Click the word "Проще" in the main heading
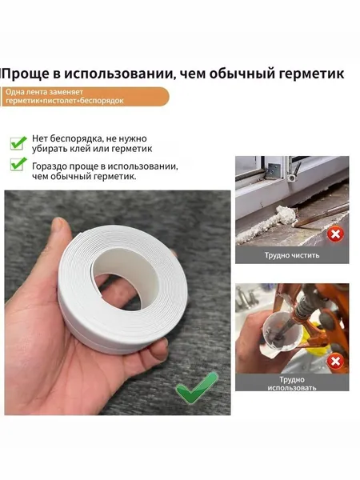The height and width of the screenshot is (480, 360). tap(26, 74)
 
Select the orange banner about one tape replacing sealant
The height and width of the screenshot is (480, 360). tap(85, 97)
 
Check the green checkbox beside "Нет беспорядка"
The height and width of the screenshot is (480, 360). tap(18, 143)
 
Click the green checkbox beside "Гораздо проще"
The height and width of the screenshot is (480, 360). tap(18, 164)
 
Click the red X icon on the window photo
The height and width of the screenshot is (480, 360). tap(335, 234)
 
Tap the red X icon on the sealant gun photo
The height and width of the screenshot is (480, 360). tap(335, 362)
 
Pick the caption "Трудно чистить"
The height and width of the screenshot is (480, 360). tap(292, 255)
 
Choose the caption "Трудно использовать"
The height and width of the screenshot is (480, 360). tap(292, 383)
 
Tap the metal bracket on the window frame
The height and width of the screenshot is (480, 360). tap(274, 169)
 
